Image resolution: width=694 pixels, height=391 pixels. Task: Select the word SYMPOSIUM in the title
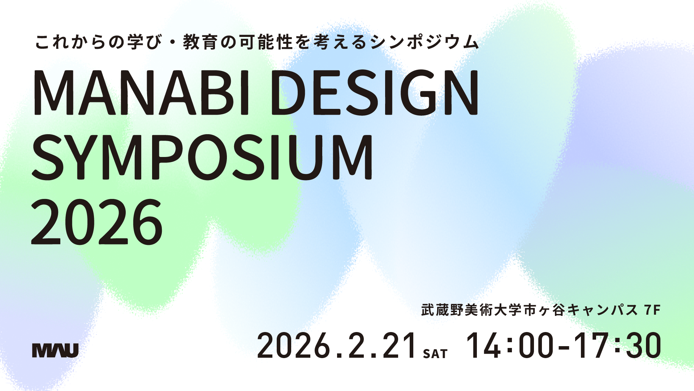pos(202,157)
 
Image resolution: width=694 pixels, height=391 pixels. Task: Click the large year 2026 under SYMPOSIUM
pos(97,221)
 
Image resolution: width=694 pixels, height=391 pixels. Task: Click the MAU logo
pos(55,350)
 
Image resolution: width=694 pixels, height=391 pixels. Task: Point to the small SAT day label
pos(435,353)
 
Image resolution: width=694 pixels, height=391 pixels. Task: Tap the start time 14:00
pos(509,345)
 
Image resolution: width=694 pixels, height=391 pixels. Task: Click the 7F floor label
pos(652,310)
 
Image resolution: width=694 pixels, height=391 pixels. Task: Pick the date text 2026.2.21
pos(337,345)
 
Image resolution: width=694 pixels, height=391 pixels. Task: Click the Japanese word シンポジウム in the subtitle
pos(425,42)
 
